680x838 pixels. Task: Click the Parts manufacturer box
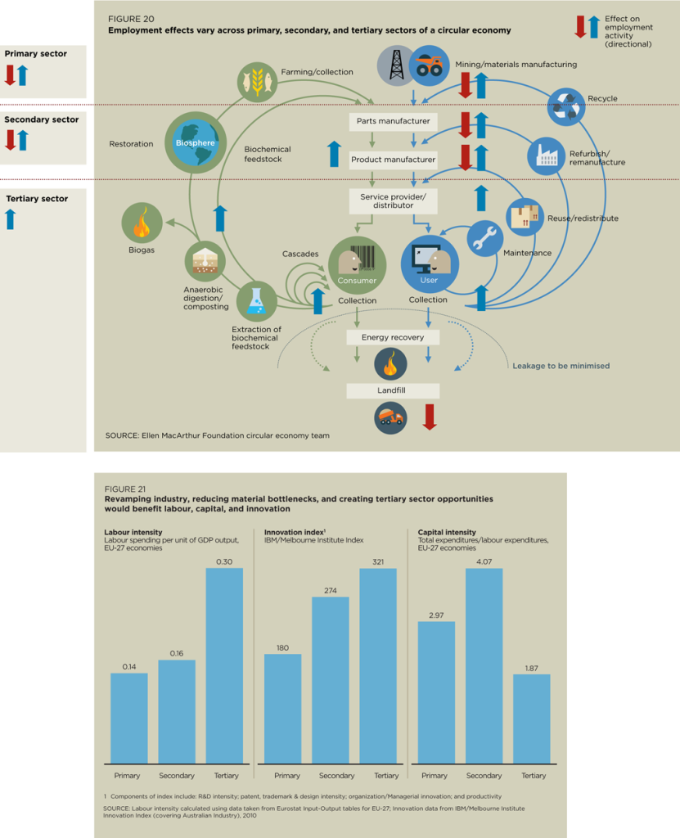(393, 121)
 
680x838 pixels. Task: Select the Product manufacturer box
(393, 160)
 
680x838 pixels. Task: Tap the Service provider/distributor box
(393, 201)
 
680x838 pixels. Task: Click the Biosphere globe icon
(196, 142)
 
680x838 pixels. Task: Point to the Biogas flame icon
(142, 223)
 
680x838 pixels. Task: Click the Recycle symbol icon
(566, 106)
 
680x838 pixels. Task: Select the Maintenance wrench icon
(485, 238)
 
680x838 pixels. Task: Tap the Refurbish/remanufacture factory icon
(547, 155)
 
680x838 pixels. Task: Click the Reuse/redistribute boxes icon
(525, 218)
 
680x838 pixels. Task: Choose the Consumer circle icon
(357, 265)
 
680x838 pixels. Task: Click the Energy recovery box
(393, 337)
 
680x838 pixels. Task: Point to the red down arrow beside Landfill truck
(430, 417)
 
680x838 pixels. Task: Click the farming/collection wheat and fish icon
(257, 82)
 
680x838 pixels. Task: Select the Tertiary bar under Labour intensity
(224, 666)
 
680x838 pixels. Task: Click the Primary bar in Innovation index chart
(283, 709)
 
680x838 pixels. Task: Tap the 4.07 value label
(484, 561)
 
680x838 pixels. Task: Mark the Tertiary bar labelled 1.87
(532, 719)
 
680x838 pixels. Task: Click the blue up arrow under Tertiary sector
(11, 219)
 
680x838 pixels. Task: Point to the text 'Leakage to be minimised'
(561, 366)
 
